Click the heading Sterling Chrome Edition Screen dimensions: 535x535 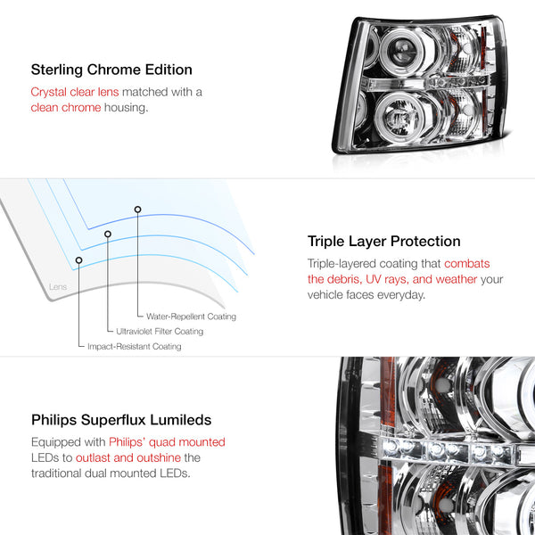point(111,70)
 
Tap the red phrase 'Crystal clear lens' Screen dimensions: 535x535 point(75,92)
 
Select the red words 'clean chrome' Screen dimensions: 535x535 point(66,108)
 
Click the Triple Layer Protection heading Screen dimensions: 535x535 point(383,242)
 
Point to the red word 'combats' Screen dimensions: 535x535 point(466,263)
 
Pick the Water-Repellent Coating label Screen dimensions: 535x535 point(191,317)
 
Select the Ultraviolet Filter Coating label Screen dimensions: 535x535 point(160,332)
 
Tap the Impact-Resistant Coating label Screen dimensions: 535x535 point(135,346)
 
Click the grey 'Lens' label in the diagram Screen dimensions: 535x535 point(58,286)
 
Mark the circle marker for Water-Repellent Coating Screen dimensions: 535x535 point(137,210)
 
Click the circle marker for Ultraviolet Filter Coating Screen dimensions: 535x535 point(108,234)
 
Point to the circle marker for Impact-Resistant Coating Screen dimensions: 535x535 point(78,260)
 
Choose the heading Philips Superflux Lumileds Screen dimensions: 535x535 point(121,420)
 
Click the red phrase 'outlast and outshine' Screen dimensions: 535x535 point(128,457)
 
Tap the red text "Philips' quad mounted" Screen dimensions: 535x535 point(167,442)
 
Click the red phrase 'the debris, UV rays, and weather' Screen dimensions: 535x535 point(392,279)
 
